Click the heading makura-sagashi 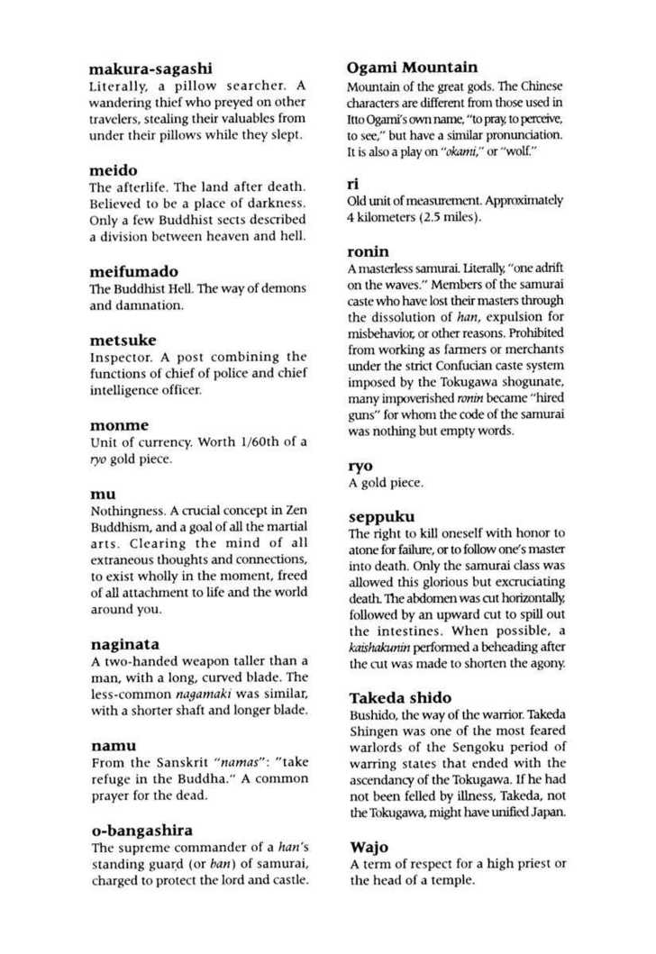click(x=150, y=68)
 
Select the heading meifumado click(x=134, y=270)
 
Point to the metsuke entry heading click(x=123, y=340)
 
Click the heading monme click(x=119, y=423)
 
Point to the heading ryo click(x=360, y=467)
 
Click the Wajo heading click(x=368, y=847)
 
